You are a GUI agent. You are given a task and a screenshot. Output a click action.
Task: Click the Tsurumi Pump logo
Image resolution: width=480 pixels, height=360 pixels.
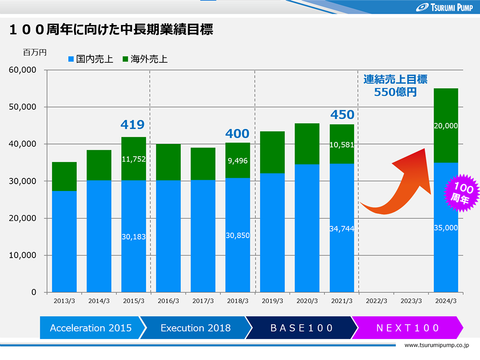point(445,7)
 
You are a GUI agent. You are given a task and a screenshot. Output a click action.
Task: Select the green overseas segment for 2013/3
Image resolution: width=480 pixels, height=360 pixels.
point(64,177)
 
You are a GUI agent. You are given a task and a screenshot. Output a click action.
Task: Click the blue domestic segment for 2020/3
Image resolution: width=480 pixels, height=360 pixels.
point(307,228)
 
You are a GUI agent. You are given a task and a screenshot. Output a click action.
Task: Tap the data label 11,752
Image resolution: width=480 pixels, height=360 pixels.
point(133,159)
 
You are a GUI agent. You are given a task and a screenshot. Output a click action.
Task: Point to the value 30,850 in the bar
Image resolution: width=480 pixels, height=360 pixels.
point(238,236)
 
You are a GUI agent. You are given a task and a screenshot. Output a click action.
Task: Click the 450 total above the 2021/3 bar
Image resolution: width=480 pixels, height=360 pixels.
point(342,115)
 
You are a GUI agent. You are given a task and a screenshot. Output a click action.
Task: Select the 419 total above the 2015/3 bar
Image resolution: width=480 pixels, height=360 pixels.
point(132,124)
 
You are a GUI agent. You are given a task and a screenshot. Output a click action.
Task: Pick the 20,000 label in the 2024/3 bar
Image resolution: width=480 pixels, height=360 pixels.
point(446,126)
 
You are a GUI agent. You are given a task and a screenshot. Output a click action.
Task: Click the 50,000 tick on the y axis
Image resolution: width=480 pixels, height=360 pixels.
point(23,107)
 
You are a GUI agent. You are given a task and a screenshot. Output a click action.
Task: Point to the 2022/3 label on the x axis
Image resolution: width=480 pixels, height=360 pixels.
point(376,301)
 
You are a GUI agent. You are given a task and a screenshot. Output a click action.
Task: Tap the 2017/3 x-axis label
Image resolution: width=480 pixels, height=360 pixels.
point(203,301)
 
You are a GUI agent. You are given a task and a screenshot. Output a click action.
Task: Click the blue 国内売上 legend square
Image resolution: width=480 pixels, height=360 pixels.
point(71,59)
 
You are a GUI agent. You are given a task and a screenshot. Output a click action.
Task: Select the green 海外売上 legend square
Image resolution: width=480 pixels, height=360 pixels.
point(125,59)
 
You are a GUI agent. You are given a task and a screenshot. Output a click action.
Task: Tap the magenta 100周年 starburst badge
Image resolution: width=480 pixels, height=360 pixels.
point(461,192)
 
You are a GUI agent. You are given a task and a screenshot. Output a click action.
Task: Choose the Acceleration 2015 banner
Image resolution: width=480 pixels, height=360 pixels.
point(91,328)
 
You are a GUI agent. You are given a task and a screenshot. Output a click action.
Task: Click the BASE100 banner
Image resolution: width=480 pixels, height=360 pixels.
point(302,328)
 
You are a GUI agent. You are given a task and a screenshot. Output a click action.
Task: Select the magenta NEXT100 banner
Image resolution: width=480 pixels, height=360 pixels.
point(408,328)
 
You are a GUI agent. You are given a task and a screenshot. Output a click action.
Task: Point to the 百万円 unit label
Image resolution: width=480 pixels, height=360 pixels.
point(35,52)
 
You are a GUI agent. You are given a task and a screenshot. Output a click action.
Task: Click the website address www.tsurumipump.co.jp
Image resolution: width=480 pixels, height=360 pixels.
point(436,345)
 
